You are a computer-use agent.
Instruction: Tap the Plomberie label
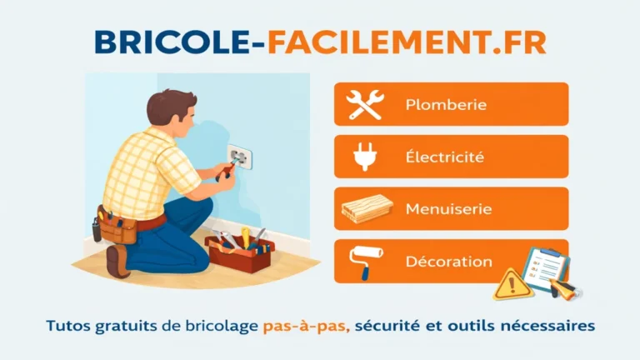point(446,105)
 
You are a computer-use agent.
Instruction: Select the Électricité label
point(445,157)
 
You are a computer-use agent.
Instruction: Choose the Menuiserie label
point(449,209)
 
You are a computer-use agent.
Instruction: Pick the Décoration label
point(448,262)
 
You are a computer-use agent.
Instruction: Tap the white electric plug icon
point(364,157)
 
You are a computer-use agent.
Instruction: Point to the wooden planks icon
point(367,210)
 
